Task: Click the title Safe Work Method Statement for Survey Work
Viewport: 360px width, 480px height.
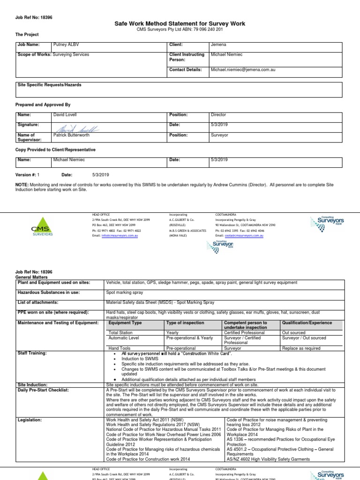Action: (180, 23)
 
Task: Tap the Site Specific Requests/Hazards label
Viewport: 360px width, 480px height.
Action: (49, 85)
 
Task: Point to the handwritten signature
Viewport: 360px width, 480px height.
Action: (75, 127)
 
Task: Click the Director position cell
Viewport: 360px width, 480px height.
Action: (218, 115)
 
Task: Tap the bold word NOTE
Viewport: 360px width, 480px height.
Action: (22, 185)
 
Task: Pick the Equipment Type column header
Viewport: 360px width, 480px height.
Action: (125, 323)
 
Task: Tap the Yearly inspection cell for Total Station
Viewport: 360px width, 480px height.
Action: (173, 333)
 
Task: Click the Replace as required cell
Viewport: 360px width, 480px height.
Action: (301, 348)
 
